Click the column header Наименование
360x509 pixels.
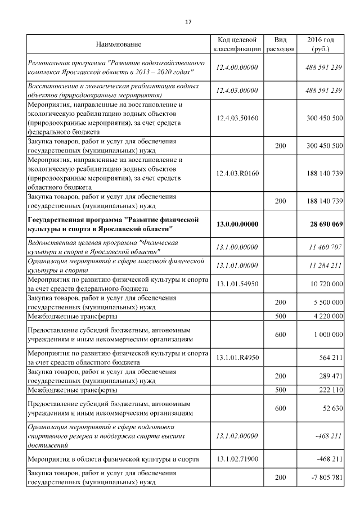(118, 44)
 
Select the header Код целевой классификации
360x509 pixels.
(237, 44)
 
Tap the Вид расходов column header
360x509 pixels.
(280, 44)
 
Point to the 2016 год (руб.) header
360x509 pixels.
(321, 44)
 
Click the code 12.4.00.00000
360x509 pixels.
(237, 67)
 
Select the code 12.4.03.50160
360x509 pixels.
(237, 118)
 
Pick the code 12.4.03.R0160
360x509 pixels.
(237, 173)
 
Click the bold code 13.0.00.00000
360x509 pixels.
(237, 224)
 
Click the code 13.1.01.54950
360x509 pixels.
(237, 284)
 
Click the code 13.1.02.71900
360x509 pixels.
(237, 459)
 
